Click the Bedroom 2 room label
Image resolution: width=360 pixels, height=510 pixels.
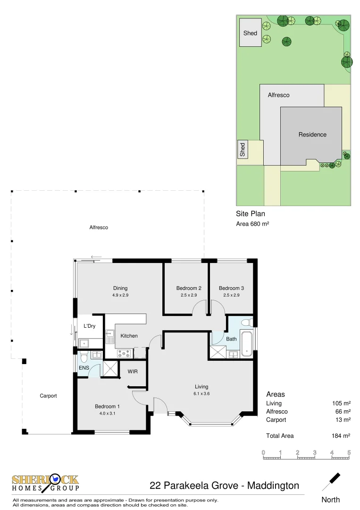189,288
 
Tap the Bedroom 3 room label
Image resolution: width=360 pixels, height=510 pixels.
231,288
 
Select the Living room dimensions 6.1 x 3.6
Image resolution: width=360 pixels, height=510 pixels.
201,393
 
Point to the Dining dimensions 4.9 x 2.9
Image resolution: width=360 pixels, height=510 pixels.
120,295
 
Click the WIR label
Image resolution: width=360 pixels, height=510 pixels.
133,372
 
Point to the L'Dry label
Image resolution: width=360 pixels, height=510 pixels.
90,326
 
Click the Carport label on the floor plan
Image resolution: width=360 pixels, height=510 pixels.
48,396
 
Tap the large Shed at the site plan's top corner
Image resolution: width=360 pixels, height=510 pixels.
250,33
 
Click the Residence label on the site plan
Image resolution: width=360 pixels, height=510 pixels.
312,135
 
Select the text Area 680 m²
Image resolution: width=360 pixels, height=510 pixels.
252,224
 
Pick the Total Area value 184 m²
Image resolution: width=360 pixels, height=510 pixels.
341,436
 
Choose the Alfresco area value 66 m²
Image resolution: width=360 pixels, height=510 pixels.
341,412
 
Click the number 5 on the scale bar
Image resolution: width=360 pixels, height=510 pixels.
349,452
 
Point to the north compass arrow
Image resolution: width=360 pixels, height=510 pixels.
331,481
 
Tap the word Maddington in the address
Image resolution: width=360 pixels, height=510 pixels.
273,485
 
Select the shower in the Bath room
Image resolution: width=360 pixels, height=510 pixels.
218,352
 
